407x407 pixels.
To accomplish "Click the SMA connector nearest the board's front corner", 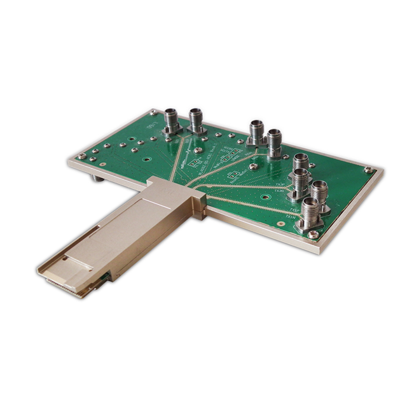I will point(311,214).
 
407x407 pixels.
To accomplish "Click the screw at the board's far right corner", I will point(368,170).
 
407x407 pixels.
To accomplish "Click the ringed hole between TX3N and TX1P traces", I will point(254,166).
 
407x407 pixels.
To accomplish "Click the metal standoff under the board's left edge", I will point(97,179).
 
